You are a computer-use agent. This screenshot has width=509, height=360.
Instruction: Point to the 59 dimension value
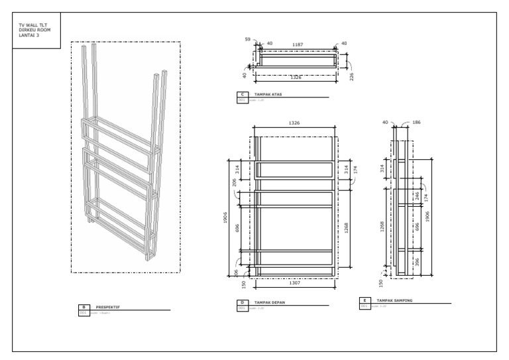click(247, 40)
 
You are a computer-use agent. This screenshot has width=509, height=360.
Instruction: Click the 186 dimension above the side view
click(416, 123)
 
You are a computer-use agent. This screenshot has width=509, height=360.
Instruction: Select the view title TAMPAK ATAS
click(268, 95)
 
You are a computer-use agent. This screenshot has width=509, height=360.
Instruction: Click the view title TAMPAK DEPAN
click(268, 302)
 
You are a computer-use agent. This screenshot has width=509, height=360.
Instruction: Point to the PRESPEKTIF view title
click(108, 308)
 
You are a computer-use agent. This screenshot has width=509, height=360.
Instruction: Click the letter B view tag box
click(84, 308)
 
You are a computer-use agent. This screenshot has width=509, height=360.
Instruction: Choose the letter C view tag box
click(242, 95)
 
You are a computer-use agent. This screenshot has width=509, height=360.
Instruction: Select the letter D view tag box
click(242, 302)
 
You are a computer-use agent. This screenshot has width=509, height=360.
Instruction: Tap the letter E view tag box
click(364, 300)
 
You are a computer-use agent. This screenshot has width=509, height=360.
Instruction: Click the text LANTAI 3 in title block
click(30, 34)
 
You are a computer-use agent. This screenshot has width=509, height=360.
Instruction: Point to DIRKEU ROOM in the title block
click(33, 30)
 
